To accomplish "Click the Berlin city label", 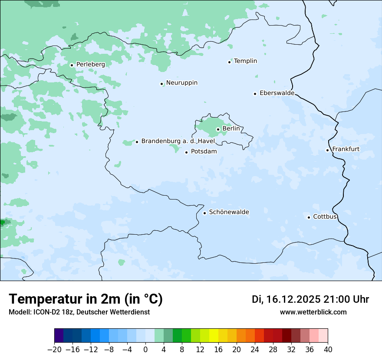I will tap(231, 129).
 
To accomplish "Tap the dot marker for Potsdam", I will tap(186, 152).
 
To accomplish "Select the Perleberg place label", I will tap(90, 64).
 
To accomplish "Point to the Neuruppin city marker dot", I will tap(161, 84).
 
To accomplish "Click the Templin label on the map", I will tap(245, 61).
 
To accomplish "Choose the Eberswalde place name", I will tap(277, 93).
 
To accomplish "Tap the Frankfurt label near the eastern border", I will tap(346, 149).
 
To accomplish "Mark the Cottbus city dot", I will tap(309, 217).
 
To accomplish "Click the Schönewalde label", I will tap(229, 212).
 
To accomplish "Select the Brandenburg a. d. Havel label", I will tap(178, 141).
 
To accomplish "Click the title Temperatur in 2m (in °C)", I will tap(86, 299).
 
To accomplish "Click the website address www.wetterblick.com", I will tap(313, 312).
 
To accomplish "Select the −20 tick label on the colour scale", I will tap(55, 350).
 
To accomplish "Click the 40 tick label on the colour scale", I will tap(328, 350).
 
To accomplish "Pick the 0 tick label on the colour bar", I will tap(145, 350).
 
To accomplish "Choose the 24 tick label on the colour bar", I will tap(255, 350).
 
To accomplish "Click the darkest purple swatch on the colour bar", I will tap(59, 336).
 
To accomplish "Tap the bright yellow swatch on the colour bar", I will tap(214, 336).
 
